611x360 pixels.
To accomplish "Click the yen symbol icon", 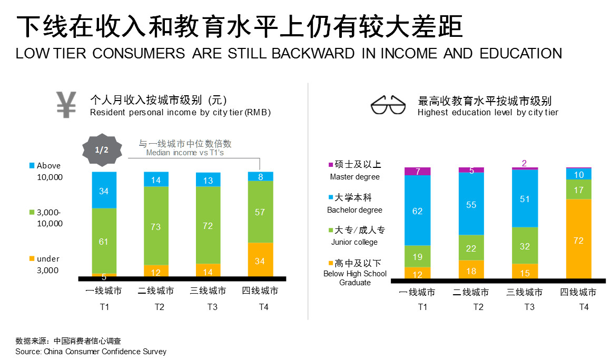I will click(x=67, y=105).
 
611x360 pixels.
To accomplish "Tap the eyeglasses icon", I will click(x=389, y=105).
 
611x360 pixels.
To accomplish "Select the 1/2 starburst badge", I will click(x=102, y=149).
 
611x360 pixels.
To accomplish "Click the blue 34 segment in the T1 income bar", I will click(x=104, y=190).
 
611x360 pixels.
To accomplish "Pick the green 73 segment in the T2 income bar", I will click(x=156, y=226).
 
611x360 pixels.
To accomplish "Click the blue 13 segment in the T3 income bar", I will click(x=208, y=180).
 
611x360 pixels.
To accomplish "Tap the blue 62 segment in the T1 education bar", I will click(x=417, y=211).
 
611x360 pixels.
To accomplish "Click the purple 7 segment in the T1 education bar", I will click(x=417, y=171).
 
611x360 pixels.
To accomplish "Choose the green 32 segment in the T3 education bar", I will click(x=525, y=245).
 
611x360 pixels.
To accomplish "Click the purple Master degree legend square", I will click(x=330, y=165).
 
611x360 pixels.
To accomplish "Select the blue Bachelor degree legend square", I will click(x=330, y=198).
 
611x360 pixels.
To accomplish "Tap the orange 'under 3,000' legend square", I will click(x=32, y=258).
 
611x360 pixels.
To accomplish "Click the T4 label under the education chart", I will click(x=584, y=307).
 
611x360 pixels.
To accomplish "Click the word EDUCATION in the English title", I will click(x=521, y=54).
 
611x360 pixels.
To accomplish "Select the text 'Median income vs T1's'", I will click(x=185, y=153).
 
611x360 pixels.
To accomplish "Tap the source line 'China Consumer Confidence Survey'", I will click(x=105, y=352).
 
